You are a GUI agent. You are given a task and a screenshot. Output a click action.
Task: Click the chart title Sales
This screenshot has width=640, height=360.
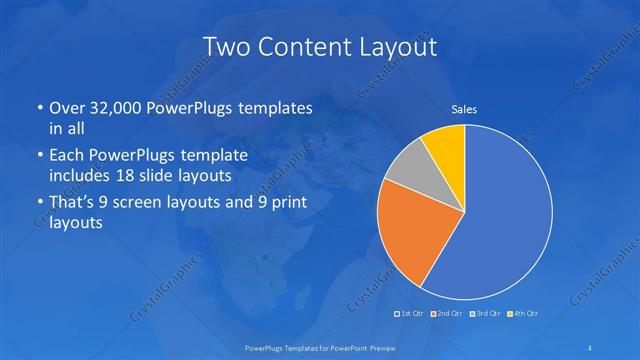[x=464, y=109]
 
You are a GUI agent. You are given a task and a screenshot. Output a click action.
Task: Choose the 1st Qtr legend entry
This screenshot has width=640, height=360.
[x=410, y=314]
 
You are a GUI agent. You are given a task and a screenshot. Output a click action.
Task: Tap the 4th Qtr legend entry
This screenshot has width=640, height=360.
[x=523, y=314]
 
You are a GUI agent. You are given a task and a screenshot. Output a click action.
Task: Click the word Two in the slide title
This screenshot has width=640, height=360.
[x=226, y=46]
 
